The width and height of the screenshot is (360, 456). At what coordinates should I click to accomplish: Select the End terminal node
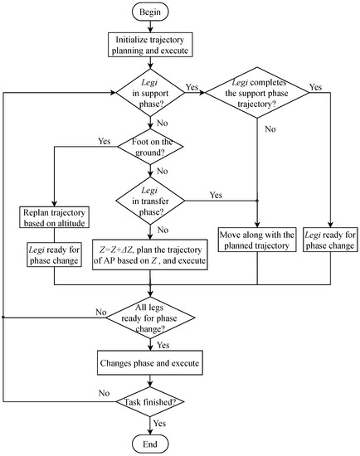[x=150, y=443]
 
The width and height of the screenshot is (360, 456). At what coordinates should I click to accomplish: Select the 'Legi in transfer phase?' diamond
[x=150, y=200]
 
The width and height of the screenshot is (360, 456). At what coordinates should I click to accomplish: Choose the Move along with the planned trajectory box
[x=256, y=240]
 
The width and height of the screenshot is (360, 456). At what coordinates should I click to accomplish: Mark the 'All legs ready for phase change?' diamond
[x=150, y=318]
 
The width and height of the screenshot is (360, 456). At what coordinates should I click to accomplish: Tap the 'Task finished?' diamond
[x=150, y=405]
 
